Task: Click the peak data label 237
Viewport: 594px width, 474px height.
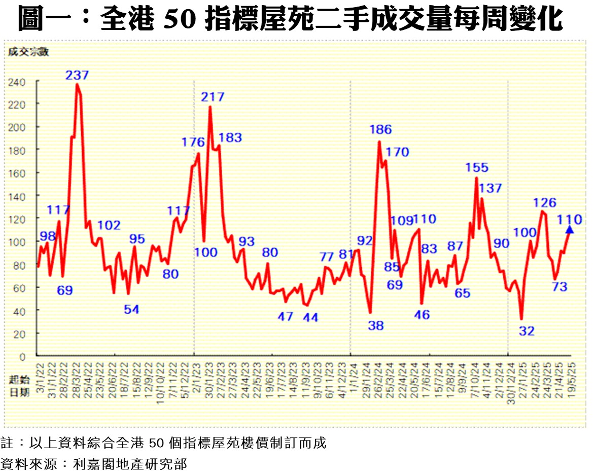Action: tap(77, 75)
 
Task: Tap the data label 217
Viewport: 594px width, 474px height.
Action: tap(213, 97)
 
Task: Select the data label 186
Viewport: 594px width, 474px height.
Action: tap(380, 129)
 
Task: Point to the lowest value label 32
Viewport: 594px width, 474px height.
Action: tap(527, 331)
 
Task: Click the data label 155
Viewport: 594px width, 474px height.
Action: tap(477, 167)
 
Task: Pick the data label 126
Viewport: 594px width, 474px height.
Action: tap(545, 202)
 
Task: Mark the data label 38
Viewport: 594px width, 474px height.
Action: tap(376, 326)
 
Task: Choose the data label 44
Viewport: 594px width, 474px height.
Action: tap(310, 317)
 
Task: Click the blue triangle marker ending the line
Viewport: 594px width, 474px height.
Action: tap(570, 230)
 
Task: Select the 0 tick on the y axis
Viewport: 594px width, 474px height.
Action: tap(22, 356)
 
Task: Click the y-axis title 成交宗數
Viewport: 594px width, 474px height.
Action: tap(28, 52)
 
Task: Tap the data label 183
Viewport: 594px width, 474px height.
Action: tap(230, 138)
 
